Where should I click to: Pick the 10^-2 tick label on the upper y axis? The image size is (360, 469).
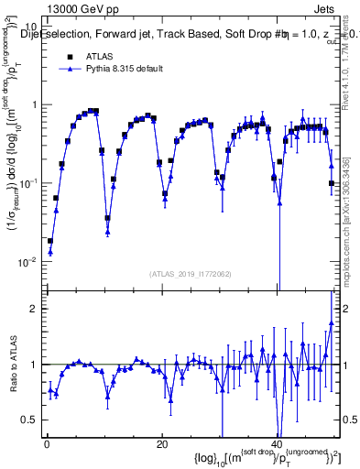click(28, 261)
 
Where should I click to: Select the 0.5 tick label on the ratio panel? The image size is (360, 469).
click(30, 420)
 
